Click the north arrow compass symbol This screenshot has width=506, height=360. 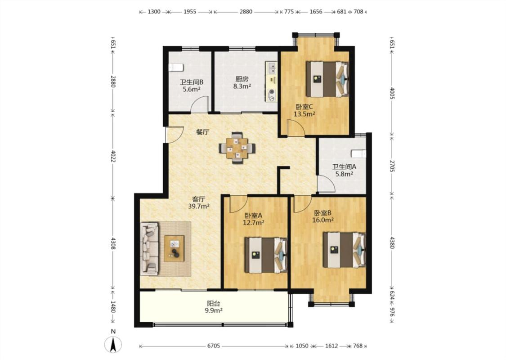point(113,344)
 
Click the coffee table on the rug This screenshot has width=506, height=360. point(174,248)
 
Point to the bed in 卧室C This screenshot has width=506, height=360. point(327,79)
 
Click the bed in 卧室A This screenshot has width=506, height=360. point(266,255)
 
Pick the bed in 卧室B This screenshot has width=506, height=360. point(345,250)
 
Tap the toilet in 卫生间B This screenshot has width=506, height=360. point(176,67)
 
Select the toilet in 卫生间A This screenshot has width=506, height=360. point(358,153)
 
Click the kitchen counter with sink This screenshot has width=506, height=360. point(271,82)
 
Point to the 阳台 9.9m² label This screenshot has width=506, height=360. point(214,307)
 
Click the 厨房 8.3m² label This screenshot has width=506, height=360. point(242,82)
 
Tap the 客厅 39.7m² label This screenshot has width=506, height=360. point(199,202)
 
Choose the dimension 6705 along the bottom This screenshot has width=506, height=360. point(214,346)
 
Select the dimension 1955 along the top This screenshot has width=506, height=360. point(190,12)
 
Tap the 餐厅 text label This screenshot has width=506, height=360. point(203,132)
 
